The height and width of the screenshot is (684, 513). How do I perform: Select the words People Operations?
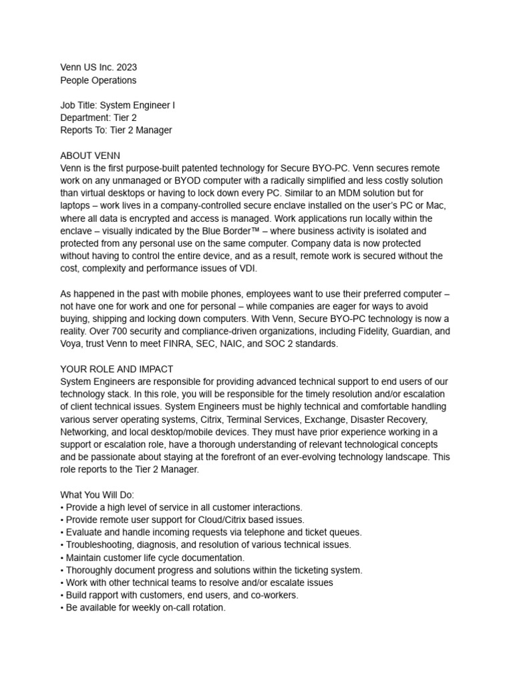pyautogui.click(x=98, y=80)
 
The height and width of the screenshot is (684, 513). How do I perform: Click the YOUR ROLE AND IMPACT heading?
pyautogui.click(x=117, y=369)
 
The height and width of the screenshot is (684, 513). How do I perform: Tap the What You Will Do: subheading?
pyautogui.click(x=97, y=495)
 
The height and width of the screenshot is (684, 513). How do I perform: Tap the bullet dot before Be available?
pyautogui.click(x=61, y=608)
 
